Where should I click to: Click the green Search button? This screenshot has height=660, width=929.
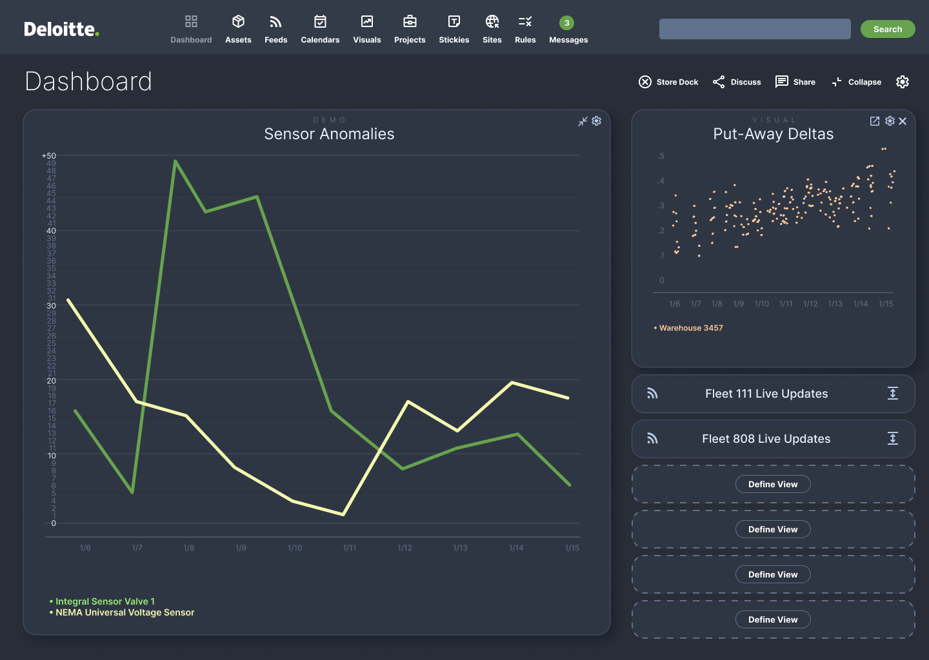887,29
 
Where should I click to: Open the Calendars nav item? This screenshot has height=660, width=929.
320,30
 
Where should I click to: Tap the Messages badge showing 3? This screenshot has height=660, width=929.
566,23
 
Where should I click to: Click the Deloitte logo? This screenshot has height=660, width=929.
61,29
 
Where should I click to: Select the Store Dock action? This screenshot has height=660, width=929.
668,82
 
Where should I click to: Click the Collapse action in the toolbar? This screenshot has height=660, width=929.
857,82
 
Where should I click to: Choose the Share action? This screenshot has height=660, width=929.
795,82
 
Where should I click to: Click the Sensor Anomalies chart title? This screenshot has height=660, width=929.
329,134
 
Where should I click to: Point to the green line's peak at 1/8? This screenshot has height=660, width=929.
175,161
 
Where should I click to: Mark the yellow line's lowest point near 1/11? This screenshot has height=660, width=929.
343,514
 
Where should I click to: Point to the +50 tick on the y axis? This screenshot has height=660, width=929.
49,156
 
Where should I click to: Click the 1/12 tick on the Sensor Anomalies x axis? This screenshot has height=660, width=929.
405,548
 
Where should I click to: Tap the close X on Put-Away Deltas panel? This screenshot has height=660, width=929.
903,121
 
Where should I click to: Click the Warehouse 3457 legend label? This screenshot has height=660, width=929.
690,328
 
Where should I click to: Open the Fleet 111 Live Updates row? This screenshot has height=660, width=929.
766,394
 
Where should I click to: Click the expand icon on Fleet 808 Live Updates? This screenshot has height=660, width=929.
893,439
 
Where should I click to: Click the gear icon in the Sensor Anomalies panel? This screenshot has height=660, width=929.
596,121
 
